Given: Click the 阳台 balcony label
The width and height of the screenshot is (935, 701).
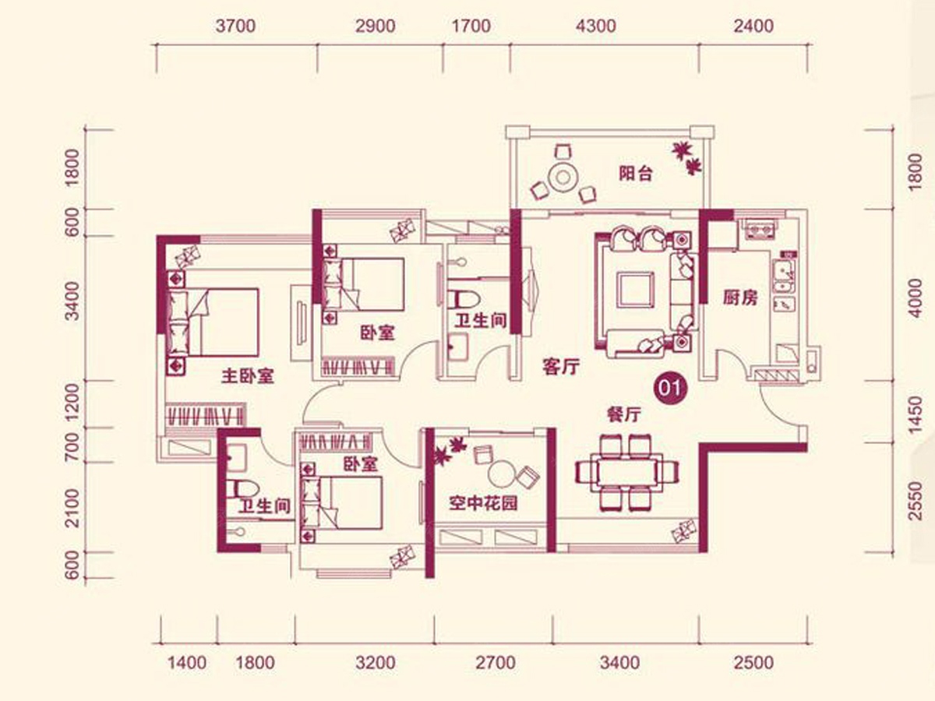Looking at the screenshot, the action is click(635, 174).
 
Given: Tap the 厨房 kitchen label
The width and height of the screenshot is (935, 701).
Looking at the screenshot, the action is click(740, 298).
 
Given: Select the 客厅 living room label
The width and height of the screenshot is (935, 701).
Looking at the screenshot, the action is click(561, 366).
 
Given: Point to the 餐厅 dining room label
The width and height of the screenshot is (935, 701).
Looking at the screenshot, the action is click(623, 414).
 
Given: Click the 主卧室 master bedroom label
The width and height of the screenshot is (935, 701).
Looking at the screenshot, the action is click(248, 376).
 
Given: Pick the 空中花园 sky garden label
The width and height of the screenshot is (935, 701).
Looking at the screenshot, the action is click(483, 503).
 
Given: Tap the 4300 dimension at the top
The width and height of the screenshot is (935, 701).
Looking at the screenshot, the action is click(596, 26).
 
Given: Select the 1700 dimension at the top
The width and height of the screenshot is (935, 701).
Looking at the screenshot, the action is click(471, 26).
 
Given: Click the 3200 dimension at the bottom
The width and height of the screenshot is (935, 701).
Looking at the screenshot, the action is click(376, 663).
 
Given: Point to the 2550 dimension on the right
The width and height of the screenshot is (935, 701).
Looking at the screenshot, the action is click(916, 501).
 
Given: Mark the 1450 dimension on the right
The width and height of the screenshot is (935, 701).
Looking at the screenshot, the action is click(916, 415).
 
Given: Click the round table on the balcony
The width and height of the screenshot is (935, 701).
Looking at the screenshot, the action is click(563, 177).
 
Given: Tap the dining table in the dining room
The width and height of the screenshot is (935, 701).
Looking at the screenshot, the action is click(627, 471).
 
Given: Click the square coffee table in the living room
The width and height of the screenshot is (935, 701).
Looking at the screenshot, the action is click(635, 289).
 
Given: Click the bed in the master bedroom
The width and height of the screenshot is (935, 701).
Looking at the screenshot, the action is click(213, 322).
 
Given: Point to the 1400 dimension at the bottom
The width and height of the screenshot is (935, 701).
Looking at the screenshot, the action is click(187, 663).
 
